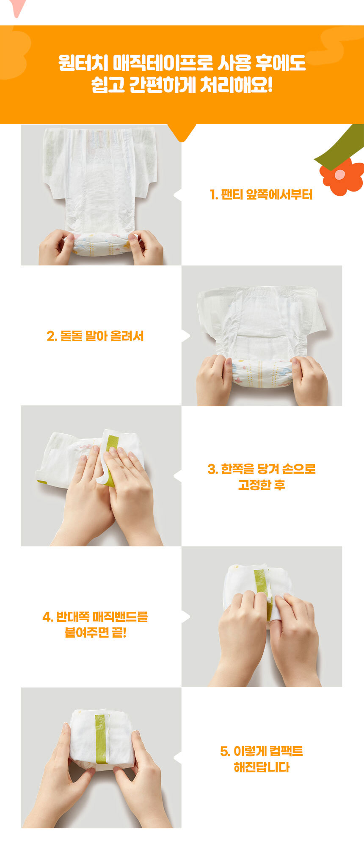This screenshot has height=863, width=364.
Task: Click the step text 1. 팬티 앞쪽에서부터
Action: (x=261, y=195)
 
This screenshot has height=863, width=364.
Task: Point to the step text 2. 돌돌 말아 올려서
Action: (x=95, y=336)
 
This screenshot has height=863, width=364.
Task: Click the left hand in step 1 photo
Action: (x=56, y=247)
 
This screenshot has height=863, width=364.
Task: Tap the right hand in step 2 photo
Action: (x=309, y=380)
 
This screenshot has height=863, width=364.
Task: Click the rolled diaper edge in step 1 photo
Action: (x=102, y=245)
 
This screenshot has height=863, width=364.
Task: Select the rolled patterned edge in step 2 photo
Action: (x=262, y=372)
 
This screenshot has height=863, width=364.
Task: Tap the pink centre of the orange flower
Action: (x=340, y=175)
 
